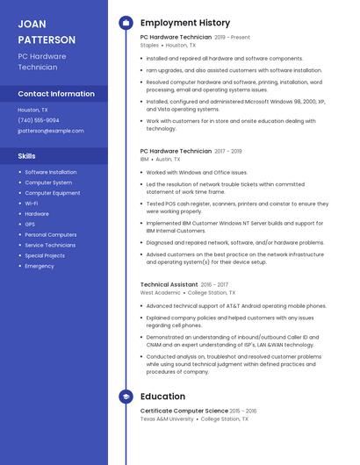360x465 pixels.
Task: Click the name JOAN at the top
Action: coord(32,24)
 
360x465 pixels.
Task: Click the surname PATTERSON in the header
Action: coord(47,39)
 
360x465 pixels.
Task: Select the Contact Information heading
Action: coord(56,94)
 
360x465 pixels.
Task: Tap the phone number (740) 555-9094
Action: coord(39,120)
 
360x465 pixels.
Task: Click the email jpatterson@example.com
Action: coord(51,131)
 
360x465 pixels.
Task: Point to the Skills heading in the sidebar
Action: coord(26,155)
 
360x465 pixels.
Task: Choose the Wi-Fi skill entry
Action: coord(32,204)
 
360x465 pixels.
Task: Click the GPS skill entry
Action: coord(31,225)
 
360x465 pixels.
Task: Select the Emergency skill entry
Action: coord(40,266)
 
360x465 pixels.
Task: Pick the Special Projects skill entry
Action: coord(45,255)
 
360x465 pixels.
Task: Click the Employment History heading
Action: coord(185,23)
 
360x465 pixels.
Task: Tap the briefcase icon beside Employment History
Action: coord(126,23)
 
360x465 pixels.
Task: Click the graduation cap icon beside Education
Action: coord(126,397)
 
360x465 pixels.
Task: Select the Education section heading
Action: coord(162,397)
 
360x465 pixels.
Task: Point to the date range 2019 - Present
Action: coord(232,38)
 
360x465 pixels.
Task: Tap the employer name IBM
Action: coord(144,160)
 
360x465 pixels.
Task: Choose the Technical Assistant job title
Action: coord(169,285)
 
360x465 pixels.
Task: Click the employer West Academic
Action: coord(160,293)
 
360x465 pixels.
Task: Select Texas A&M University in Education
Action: coord(167,419)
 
